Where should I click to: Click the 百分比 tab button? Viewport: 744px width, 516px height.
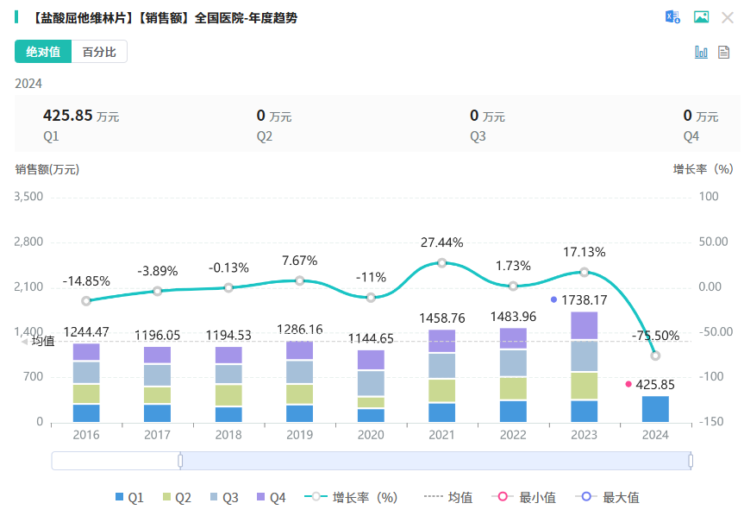point(99,52)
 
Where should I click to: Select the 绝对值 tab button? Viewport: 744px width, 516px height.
point(43,52)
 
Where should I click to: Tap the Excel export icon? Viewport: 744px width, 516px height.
point(672,17)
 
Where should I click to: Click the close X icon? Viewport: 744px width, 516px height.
point(728,17)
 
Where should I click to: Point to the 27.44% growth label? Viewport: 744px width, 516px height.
point(441,242)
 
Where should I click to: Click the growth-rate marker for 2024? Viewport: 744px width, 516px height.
point(655,356)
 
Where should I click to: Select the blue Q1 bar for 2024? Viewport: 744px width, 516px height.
point(655,409)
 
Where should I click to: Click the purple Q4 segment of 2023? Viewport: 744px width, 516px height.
point(584,325)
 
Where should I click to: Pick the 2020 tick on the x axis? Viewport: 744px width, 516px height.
point(371,435)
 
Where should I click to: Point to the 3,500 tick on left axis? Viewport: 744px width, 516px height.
point(29,197)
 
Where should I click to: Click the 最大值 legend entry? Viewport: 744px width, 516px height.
point(611,497)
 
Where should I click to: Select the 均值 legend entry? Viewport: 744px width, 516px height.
point(448,497)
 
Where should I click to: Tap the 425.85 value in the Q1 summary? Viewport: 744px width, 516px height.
point(67,115)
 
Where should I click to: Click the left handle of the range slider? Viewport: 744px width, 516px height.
point(180,461)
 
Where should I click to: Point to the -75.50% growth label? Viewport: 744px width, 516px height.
point(655,336)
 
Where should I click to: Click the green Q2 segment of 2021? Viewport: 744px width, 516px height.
point(441,390)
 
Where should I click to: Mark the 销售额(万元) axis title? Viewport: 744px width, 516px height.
point(47,169)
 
